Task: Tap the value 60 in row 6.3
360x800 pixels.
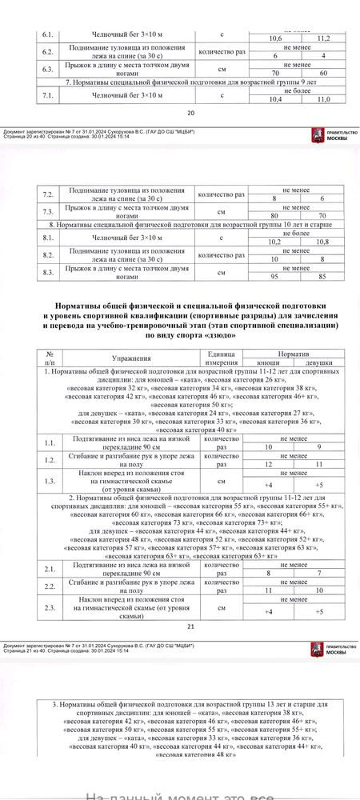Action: (323, 73)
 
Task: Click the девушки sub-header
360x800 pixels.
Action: (318, 362)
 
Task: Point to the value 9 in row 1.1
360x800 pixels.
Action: (318, 446)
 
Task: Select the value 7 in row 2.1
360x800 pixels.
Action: (318, 574)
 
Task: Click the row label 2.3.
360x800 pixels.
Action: (50, 608)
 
